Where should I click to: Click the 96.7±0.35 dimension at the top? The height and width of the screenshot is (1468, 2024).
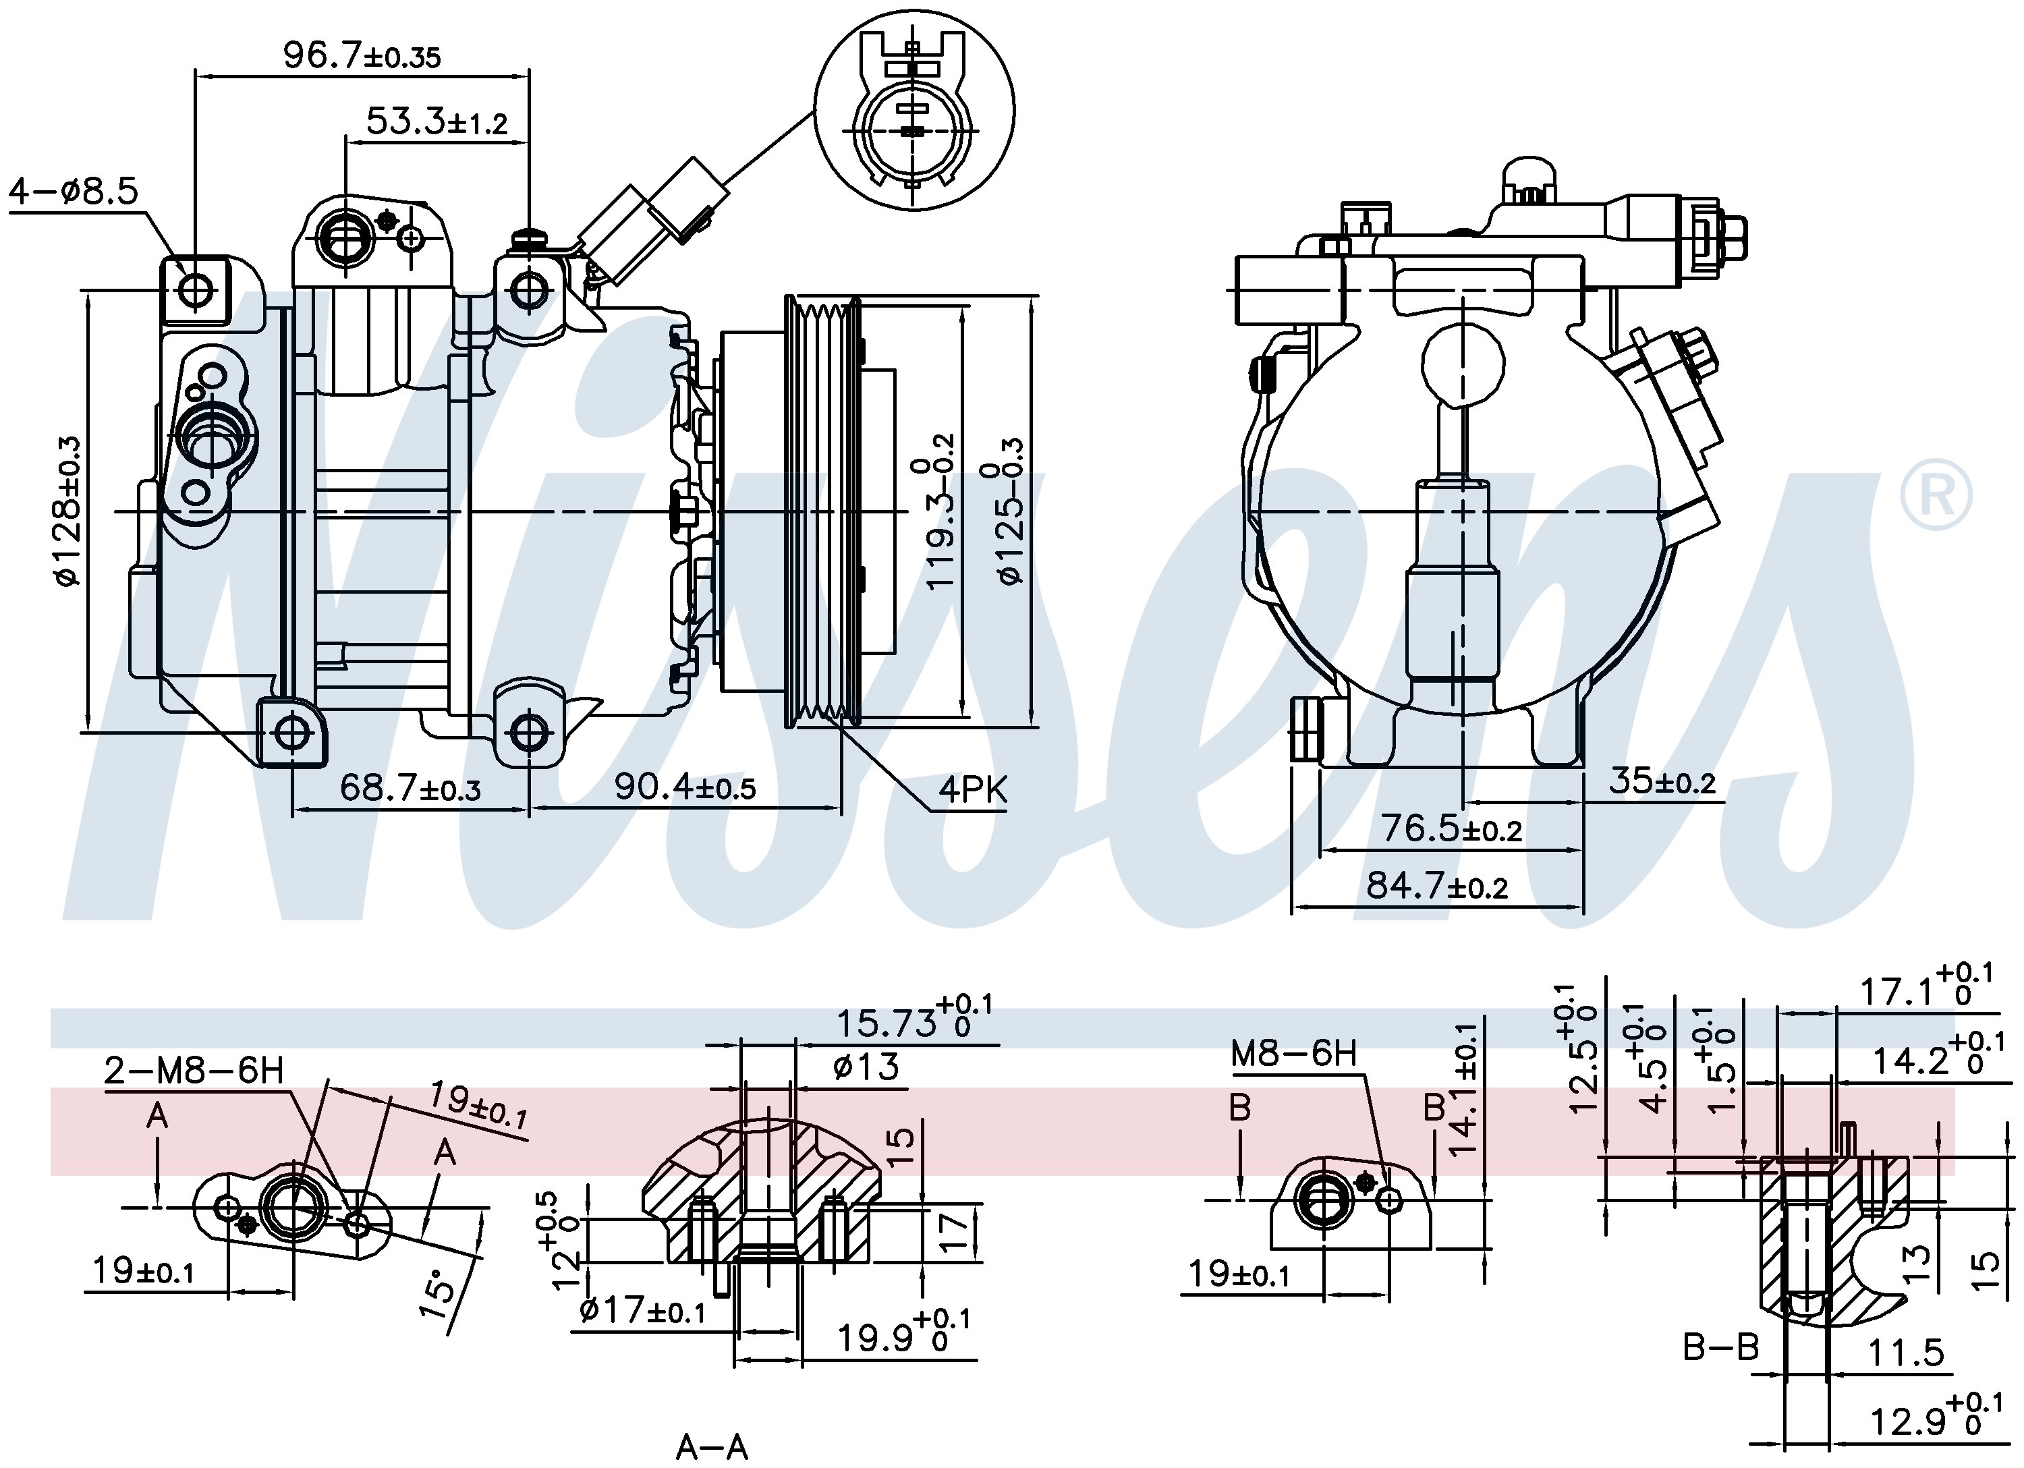(x=362, y=55)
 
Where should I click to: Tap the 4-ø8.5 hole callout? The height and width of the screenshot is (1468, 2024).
(x=74, y=190)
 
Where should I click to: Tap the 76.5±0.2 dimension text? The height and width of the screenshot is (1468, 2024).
(x=1452, y=829)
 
